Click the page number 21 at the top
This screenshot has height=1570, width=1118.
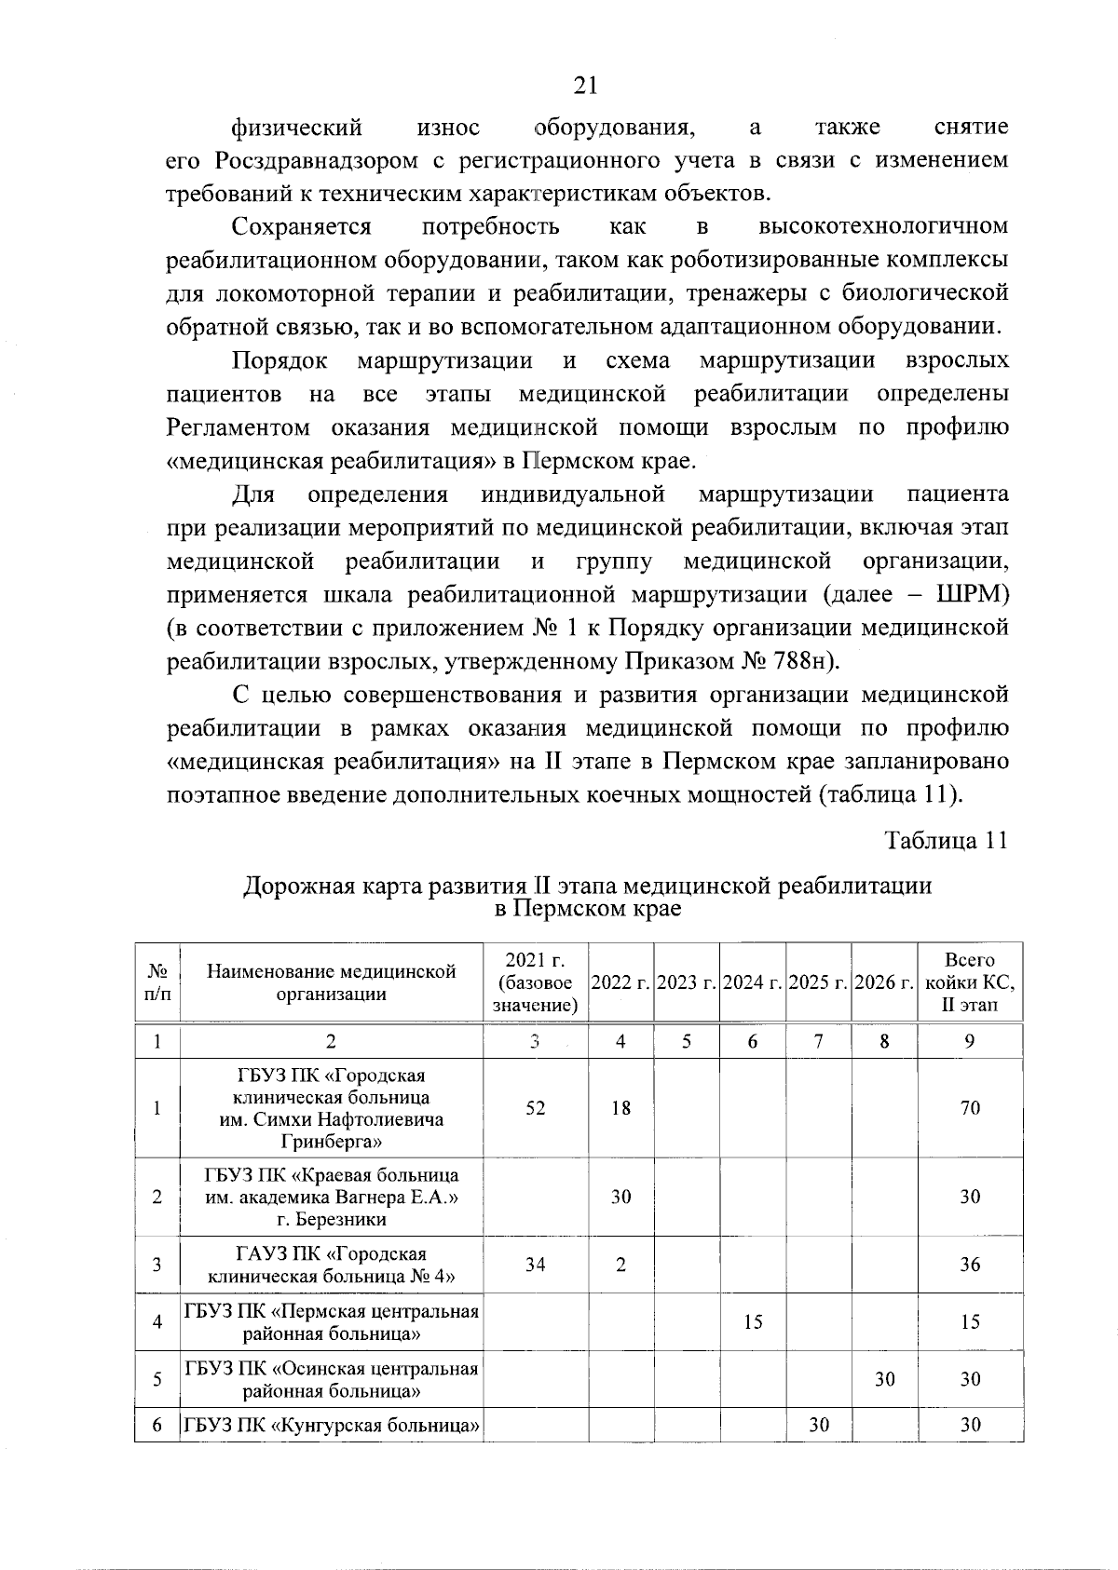tap(584, 86)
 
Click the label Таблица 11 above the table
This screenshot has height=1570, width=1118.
tap(946, 840)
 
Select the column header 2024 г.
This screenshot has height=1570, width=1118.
tap(752, 983)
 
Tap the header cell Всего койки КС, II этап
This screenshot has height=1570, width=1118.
tap(970, 982)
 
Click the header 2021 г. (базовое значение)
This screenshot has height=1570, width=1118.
tap(535, 982)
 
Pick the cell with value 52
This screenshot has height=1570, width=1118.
tap(535, 1108)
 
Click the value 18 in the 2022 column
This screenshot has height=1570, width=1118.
tap(620, 1108)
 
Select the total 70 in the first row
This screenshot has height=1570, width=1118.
tap(970, 1108)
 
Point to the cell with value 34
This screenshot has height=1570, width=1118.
tap(535, 1265)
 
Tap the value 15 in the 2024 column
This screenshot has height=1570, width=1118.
tap(753, 1321)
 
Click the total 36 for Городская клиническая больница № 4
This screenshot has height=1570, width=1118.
tap(970, 1265)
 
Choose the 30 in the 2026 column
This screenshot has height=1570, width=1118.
tap(884, 1379)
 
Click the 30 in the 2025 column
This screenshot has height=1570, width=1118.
tap(818, 1425)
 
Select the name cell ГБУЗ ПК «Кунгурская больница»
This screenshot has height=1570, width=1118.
tap(332, 1425)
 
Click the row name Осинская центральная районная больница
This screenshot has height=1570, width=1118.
tap(332, 1379)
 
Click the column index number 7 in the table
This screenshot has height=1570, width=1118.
tap(818, 1042)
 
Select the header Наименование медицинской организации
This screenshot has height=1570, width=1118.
tap(332, 982)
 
